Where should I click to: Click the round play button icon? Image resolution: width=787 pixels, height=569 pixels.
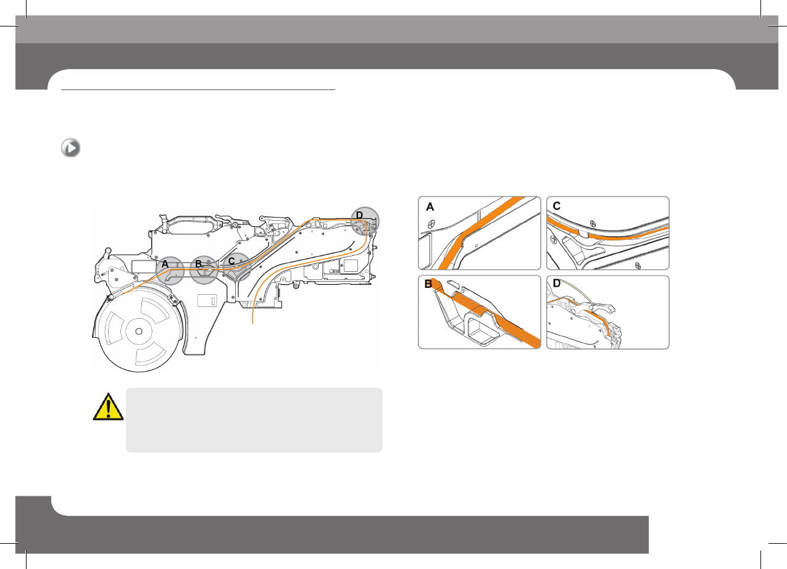pyautogui.click(x=70, y=149)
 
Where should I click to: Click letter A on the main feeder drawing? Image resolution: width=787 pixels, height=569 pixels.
pyautogui.click(x=165, y=263)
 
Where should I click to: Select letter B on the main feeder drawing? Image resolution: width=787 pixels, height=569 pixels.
pyautogui.click(x=198, y=264)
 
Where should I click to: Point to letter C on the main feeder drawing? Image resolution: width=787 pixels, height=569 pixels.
pyautogui.click(x=231, y=261)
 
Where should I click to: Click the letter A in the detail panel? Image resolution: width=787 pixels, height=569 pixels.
pyautogui.click(x=430, y=208)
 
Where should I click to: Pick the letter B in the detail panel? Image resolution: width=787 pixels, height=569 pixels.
pyautogui.click(x=428, y=284)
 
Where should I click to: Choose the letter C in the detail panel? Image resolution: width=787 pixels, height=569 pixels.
pyautogui.click(x=557, y=207)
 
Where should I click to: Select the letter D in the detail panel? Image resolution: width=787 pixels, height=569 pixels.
pyautogui.click(x=557, y=284)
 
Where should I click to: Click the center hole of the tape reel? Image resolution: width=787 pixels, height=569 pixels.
pyautogui.click(x=138, y=330)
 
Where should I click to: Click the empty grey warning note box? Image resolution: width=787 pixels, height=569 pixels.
pyautogui.click(x=254, y=420)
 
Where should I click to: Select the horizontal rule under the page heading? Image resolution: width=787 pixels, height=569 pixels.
pyautogui.click(x=198, y=89)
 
